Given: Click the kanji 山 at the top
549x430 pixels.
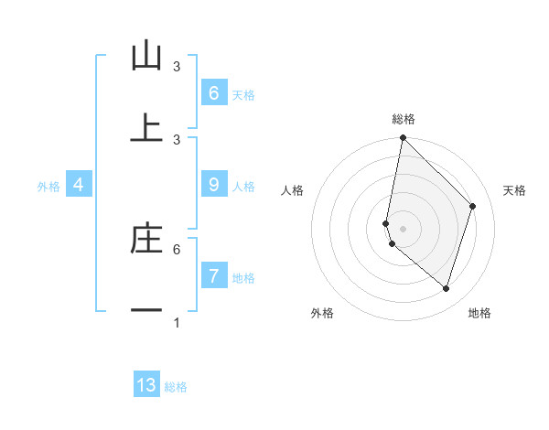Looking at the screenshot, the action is [146, 57].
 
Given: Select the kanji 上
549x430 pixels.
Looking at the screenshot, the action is [146, 128].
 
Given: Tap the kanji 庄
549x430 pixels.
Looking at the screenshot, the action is [146, 239].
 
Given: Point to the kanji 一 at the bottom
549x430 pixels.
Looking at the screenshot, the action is [146, 311].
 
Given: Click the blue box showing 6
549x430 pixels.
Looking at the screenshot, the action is [213, 93].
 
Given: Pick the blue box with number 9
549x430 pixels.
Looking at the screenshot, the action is [213, 185].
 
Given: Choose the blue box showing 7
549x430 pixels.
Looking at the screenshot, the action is [213, 276].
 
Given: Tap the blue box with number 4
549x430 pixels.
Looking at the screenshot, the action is [79, 185].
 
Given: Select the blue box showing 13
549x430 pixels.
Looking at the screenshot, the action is [146, 385].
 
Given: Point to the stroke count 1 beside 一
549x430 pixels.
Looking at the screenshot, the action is [177, 322].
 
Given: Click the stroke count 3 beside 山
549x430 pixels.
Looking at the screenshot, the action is [177, 67].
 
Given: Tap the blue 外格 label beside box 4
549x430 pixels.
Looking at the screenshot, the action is [48, 186].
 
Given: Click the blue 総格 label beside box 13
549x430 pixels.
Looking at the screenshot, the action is [176, 386].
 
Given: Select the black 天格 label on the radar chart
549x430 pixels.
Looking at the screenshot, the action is [514, 190].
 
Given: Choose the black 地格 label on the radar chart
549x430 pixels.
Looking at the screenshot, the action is [479, 313].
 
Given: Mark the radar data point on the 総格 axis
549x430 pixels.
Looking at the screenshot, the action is [403, 137].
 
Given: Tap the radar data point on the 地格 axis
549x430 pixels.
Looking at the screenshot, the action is [446, 288].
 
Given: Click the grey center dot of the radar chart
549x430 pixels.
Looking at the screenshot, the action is [403, 228].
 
